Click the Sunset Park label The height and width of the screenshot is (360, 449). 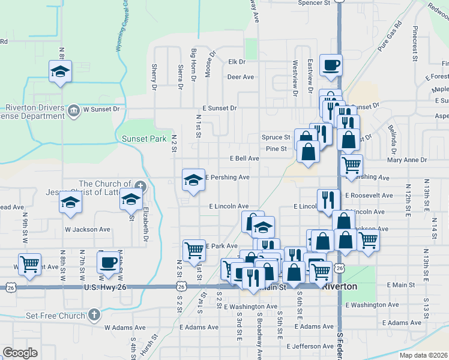click(144, 139)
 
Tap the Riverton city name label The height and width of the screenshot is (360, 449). click(339, 287)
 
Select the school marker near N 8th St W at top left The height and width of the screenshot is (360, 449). click(60, 71)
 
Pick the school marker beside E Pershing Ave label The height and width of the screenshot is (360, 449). click(193, 180)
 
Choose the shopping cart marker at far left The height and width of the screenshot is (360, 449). click(29, 263)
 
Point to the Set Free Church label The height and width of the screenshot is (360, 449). click(56, 316)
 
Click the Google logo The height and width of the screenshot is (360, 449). click(20, 353)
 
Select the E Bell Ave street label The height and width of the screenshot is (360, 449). click(244, 158)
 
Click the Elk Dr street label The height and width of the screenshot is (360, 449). click(237, 62)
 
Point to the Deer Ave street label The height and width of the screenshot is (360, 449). click(240, 77)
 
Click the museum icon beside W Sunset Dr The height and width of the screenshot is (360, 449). click(74, 110)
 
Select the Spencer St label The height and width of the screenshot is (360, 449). click(315, 3)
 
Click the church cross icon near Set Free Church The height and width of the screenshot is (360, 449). click(94, 314)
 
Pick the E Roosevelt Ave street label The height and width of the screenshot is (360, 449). click(369, 196)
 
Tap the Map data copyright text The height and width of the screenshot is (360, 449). click(423, 355)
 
